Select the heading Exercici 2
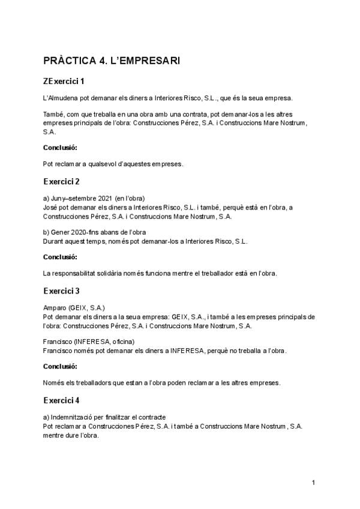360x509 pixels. [x=61, y=181]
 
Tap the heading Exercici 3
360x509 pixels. [x=61, y=291]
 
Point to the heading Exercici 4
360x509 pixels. [x=61, y=400]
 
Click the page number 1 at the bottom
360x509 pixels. [x=313, y=482]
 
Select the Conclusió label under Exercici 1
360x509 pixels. [x=60, y=147]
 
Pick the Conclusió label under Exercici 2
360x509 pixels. [x=60, y=257]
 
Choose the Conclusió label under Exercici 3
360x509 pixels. [x=60, y=366]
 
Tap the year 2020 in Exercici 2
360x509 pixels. [x=75, y=232]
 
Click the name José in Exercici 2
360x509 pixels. [x=50, y=207]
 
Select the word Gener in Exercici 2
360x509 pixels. [x=59, y=232]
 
